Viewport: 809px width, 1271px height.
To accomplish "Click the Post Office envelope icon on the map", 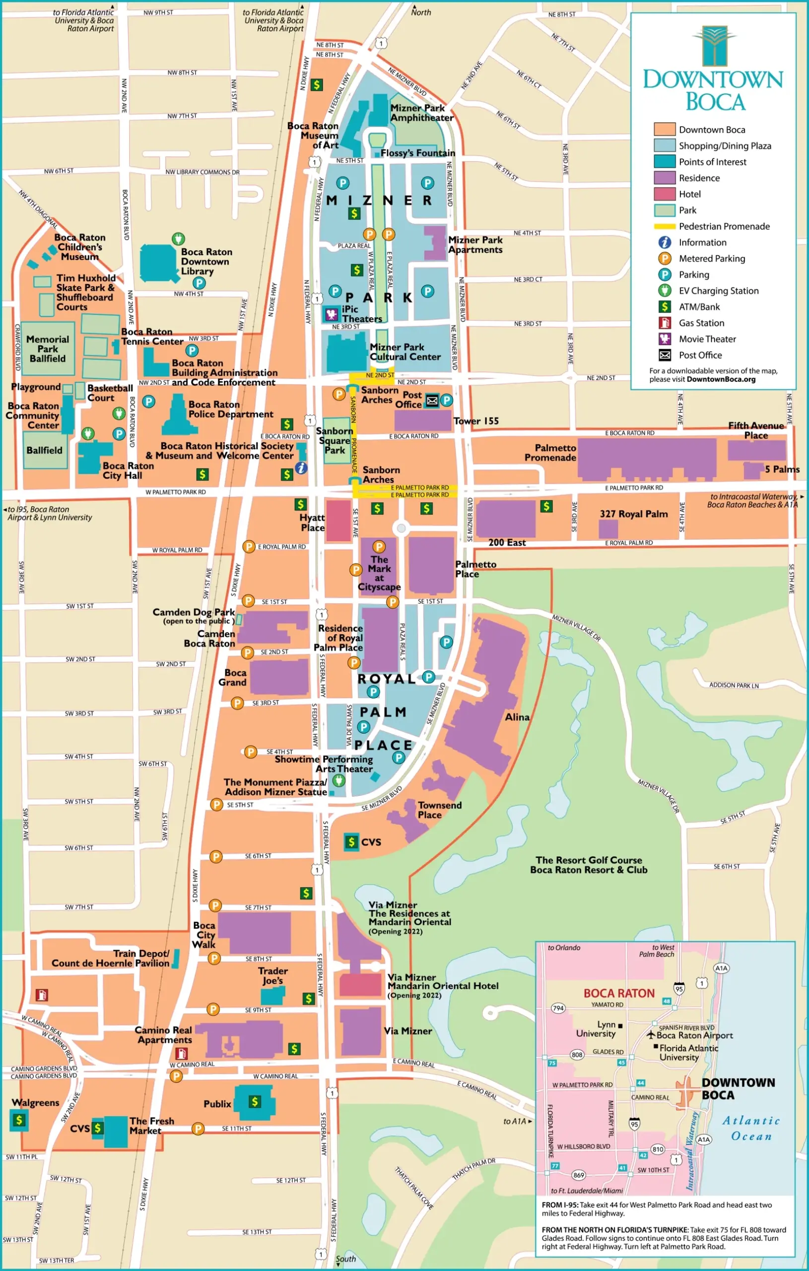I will [x=432, y=401].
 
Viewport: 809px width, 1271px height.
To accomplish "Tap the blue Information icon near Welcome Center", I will [x=301, y=467].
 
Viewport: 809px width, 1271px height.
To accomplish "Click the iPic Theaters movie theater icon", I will [x=332, y=315].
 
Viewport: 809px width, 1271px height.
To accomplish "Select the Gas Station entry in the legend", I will [x=701, y=323].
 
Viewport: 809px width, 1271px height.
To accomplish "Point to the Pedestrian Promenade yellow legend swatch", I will [x=665, y=226].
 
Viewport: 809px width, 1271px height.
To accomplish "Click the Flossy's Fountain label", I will [x=417, y=153].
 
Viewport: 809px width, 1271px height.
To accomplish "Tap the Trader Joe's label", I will [x=273, y=976].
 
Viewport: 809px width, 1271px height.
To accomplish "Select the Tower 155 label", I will [x=475, y=421].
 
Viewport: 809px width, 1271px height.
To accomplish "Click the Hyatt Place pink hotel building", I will [x=338, y=521].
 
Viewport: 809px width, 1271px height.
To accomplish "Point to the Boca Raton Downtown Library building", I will [x=157, y=262].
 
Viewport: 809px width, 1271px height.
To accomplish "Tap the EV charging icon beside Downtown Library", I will [x=178, y=239].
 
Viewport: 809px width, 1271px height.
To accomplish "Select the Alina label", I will [x=517, y=717].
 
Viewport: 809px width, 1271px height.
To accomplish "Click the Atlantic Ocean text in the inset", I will [x=750, y=1128].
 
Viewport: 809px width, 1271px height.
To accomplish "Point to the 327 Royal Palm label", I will [x=633, y=513].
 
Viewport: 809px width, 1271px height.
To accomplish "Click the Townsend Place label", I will [x=439, y=810].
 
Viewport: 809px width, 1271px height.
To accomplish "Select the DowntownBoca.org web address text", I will [x=720, y=379].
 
